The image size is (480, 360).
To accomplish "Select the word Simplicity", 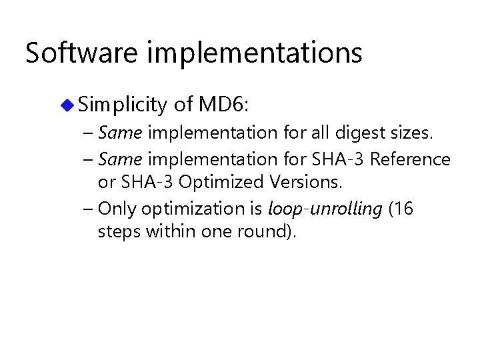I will point(121,105).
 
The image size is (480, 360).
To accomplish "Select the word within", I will point(162,232).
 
